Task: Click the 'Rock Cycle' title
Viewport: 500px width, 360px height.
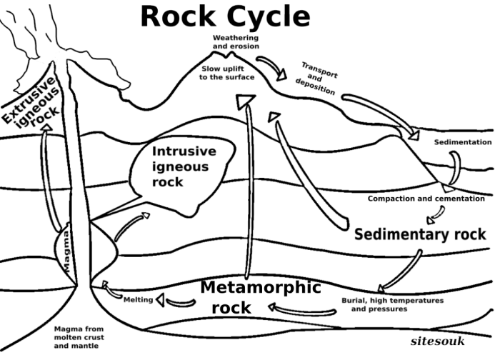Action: coord(224,16)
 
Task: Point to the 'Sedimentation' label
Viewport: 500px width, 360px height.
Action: coord(463,142)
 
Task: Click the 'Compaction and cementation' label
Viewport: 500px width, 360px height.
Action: coord(426,198)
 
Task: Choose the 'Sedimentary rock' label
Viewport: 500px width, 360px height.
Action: coord(420,234)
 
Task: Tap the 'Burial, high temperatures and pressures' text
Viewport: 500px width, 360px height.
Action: coord(392,305)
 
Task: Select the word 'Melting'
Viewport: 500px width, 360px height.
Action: coord(139,299)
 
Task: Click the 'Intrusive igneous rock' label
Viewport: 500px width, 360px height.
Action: coord(181,166)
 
